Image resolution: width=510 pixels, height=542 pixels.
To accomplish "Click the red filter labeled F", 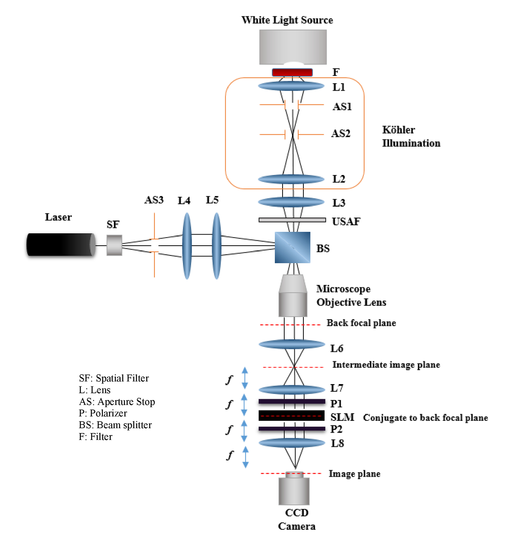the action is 292,72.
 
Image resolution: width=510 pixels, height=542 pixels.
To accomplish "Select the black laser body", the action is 61,244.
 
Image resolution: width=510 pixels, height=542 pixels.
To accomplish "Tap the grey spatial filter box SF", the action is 114,245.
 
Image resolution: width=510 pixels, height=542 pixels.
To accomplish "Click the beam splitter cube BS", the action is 292,247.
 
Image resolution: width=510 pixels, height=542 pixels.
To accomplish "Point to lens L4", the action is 187,246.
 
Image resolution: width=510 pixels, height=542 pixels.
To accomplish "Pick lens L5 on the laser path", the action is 216,246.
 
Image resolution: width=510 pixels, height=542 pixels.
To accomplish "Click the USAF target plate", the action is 292,220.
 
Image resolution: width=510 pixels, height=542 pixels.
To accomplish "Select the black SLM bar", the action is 292,415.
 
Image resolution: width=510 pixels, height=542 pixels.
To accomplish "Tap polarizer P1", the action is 292,401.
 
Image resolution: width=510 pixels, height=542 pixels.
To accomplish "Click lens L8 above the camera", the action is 292,443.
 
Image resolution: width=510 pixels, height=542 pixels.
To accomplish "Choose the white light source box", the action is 293,47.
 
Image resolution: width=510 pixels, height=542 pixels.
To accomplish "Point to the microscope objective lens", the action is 292,295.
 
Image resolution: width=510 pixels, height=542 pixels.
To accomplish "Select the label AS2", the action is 341,133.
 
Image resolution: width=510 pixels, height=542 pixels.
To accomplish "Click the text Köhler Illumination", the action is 411,136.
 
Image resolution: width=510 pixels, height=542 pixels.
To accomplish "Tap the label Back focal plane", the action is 361,323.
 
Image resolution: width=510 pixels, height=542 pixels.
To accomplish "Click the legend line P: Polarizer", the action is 103,413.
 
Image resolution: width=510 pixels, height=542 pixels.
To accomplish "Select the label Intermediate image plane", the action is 386,364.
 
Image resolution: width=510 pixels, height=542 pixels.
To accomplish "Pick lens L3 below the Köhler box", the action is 291,202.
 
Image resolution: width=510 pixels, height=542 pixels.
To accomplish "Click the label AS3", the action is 154,200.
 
